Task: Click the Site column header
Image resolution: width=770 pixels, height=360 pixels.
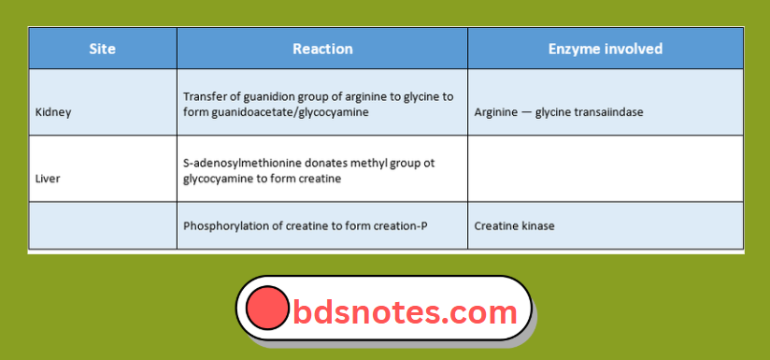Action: (103, 49)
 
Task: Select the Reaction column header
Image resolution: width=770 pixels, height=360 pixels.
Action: (322, 49)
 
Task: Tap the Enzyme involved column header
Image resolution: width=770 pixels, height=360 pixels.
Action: (606, 49)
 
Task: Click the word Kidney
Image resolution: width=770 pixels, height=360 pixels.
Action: (53, 112)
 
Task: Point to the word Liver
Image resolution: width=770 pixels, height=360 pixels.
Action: (48, 178)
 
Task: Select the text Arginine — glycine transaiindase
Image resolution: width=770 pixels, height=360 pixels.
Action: (559, 112)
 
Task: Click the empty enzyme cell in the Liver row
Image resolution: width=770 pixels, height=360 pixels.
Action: (606, 168)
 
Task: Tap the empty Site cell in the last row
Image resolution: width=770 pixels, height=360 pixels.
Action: (103, 225)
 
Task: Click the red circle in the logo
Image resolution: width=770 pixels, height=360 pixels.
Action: (267, 308)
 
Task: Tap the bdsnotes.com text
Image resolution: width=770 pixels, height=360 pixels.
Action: (405, 310)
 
